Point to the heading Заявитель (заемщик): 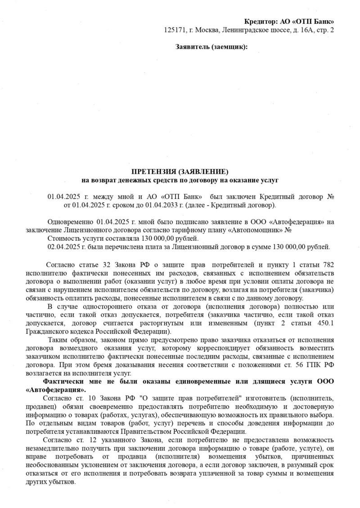coord(211,47)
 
